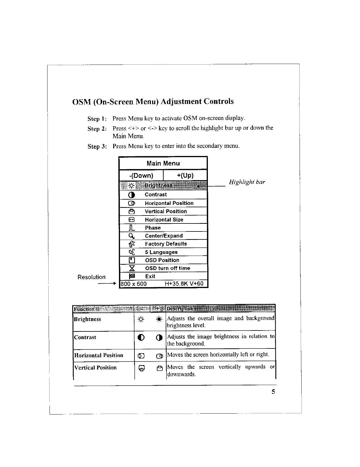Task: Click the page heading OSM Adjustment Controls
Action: (x=153, y=102)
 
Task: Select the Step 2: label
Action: (x=97, y=129)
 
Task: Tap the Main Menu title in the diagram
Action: (x=163, y=163)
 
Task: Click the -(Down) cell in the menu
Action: (x=141, y=176)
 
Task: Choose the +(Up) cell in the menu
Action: (x=185, y=176)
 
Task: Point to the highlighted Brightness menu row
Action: (x=163, y=185)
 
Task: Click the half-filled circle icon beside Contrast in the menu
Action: (x=132, y=195)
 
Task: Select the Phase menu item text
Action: (x=153, y=228)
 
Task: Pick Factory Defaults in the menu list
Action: (x=166, y=244)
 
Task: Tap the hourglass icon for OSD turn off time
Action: (x=132, y=268)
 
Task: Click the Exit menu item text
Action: (x=150, y=276)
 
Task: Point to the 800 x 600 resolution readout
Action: (x=134, y=284)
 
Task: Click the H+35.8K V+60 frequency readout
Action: (x=184, y=284)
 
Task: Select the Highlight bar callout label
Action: (x=247, y=182)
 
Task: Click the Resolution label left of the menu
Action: (x=91, y=277)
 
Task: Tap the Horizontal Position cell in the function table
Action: (x=98, y=355)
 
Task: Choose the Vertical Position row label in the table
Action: (x=95, y=368)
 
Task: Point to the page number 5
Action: (x=273, y=392)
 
